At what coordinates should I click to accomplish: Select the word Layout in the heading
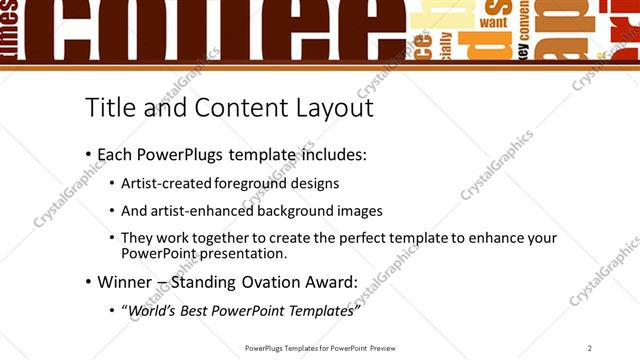pyautogui.click(x=327, y=107)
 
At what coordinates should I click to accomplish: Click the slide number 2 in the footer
pyautogui.click(x=590, y=347)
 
